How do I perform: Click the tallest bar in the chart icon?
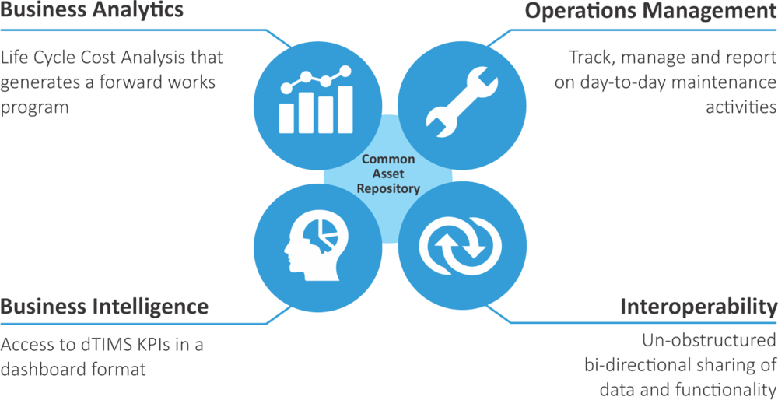point(345,110)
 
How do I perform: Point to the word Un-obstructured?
point(710,341)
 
